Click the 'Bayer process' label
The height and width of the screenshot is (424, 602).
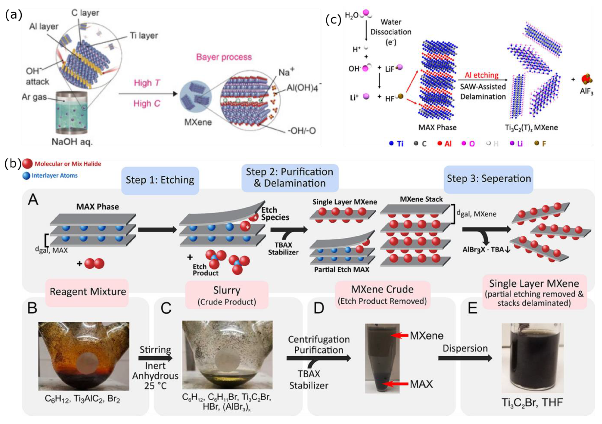click(x=224, y=57)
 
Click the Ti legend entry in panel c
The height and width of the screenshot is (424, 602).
click(x=396, y=144)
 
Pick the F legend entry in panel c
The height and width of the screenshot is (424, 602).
click(x=540, y=144)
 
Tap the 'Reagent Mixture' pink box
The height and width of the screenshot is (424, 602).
click(x=88, y=292)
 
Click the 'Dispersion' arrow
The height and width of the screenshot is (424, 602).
click(x=465, y=358)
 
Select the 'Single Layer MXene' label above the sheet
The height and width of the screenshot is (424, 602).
click(x=345, y=202)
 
